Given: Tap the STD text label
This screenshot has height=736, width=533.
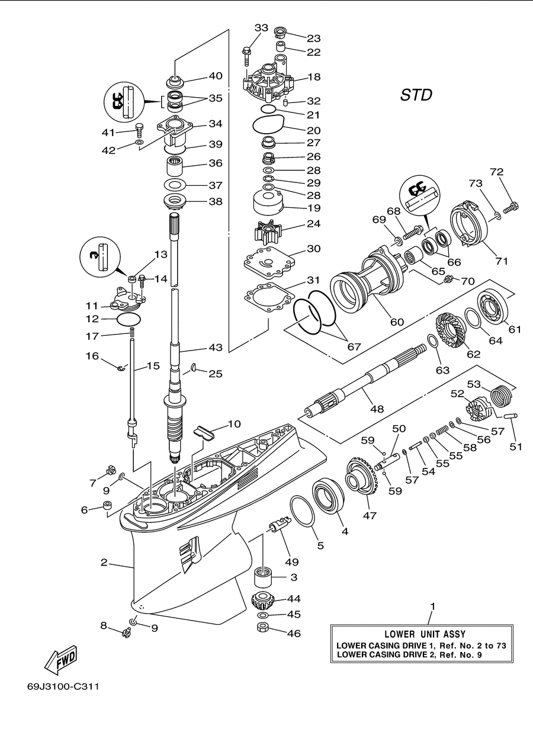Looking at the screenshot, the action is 416,95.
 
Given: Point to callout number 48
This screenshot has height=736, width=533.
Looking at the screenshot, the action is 377,409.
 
